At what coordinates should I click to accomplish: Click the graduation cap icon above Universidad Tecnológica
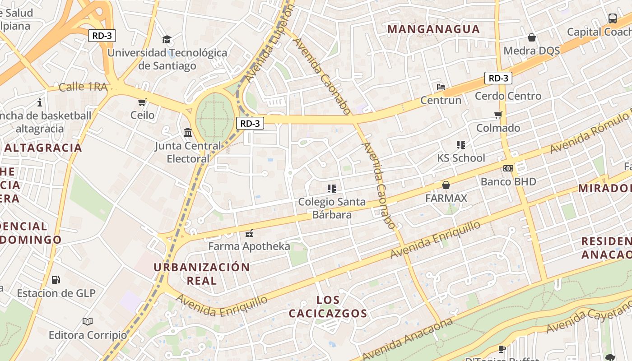[167, 39]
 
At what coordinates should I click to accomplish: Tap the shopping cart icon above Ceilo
[142, 102]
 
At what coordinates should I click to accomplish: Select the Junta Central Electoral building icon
[188, 132]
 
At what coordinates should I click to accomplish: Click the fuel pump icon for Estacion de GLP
[56, 280]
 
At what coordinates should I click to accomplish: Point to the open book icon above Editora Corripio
[88, 321]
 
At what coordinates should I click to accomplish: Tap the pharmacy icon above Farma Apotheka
[249, 233]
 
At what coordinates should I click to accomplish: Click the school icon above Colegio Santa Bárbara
[332, 188]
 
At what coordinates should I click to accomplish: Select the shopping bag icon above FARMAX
[446, 185]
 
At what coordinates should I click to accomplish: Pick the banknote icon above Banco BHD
[508, 168]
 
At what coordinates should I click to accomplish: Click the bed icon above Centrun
[441, 87]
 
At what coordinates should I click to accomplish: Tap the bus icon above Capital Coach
[612, 19]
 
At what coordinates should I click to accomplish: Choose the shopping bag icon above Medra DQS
[532, 37]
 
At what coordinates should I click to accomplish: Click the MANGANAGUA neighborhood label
[433, 29]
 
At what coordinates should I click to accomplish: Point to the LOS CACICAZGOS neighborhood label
[328, 306]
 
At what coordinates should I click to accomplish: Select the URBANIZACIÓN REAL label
[202, 273]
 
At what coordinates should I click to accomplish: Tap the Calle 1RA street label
[83, 87]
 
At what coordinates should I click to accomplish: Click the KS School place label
[461, 158]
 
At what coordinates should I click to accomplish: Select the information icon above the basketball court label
[40, 102]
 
